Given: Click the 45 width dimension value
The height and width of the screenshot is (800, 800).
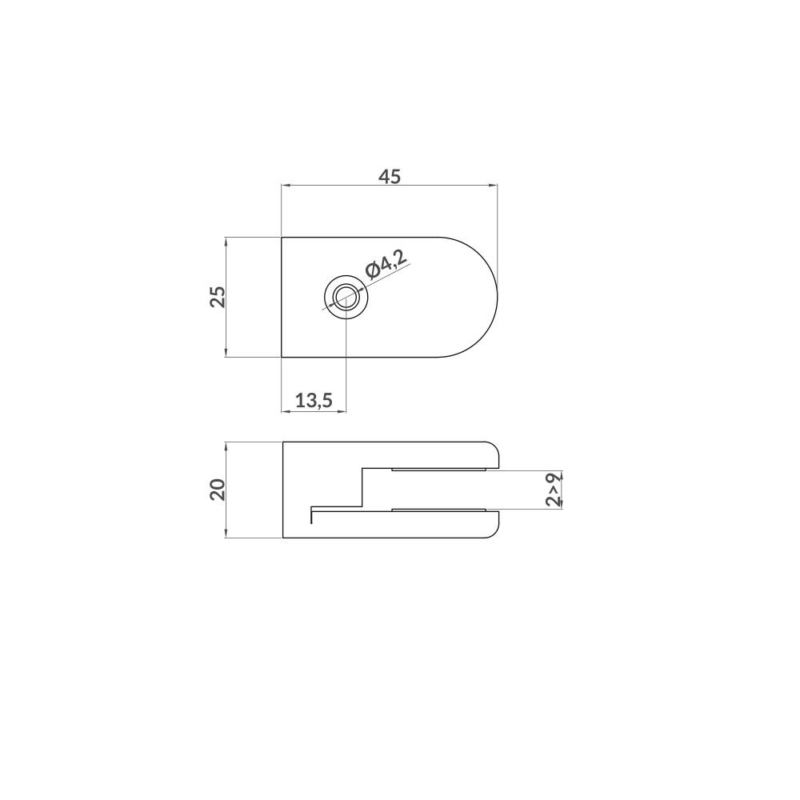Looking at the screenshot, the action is [390, 177].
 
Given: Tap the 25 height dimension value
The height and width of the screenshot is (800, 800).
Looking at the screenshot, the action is [218, 297].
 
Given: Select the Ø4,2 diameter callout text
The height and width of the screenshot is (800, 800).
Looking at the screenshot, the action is [387, 266].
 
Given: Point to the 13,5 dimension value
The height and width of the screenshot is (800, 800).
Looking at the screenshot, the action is [314, 401].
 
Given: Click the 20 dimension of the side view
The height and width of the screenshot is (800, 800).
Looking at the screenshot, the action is [218, 490].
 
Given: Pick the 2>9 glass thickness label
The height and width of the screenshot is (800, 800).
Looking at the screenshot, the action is [554, 490].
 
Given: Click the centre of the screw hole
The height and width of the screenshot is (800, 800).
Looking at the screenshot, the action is [346, 297].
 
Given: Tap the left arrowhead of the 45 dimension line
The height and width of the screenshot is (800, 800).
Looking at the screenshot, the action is [286, 186].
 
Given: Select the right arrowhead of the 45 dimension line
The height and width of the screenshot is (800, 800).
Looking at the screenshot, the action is [494, 186].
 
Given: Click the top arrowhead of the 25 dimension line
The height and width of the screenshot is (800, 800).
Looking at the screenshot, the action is [226, 242].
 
